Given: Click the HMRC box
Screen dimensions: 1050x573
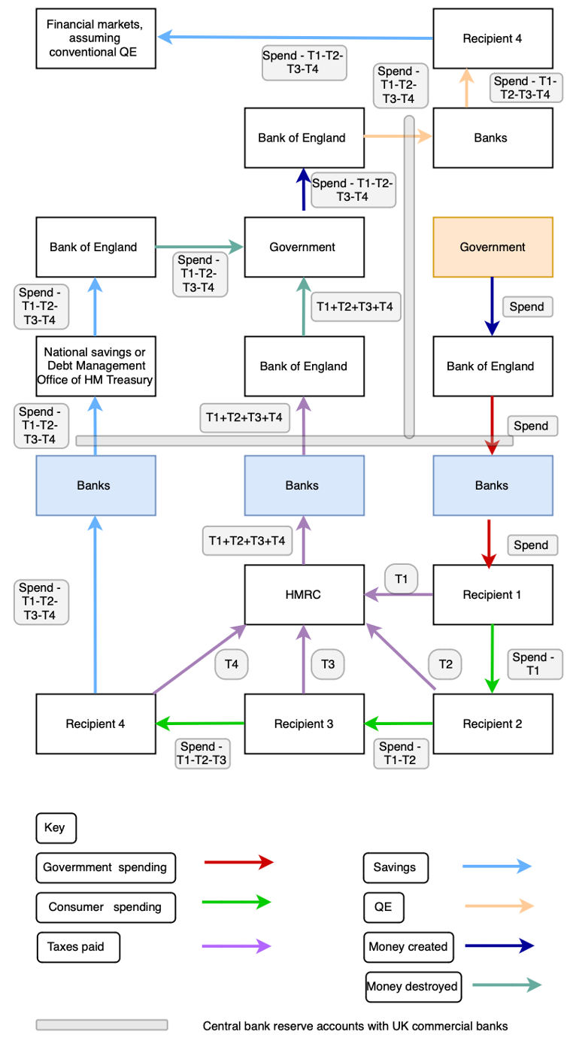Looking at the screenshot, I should [304, 594].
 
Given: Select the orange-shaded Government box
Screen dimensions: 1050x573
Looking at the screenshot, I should [493, 247].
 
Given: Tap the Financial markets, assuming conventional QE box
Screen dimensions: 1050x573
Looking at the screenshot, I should [95, 38].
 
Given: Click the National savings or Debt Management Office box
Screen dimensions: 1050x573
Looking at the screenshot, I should [95, 366].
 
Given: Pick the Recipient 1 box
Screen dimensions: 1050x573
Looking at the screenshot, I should [493, 594].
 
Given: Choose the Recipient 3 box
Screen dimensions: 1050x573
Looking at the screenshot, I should [304, 724].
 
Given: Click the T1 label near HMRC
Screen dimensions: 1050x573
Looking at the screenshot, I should [401, 578].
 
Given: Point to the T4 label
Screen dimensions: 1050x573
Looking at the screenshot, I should [232, 664].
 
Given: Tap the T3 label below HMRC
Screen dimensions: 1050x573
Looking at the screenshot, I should [328, 664].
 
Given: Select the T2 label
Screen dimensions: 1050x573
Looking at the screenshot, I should [445, 664].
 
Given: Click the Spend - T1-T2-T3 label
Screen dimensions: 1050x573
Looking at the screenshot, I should [202, 754].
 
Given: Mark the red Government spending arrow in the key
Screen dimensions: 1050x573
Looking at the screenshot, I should [238, 862].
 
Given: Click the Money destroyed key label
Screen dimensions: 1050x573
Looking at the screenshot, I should [413, 986].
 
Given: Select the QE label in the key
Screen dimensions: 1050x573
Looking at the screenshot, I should [383, 907].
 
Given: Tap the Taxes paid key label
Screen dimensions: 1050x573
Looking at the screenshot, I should [78, 947].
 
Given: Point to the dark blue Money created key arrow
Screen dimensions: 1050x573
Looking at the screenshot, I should [499, 946].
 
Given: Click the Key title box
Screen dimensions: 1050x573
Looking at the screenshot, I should [56, 828].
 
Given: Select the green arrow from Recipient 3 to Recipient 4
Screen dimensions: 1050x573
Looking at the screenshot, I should [200, 724].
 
